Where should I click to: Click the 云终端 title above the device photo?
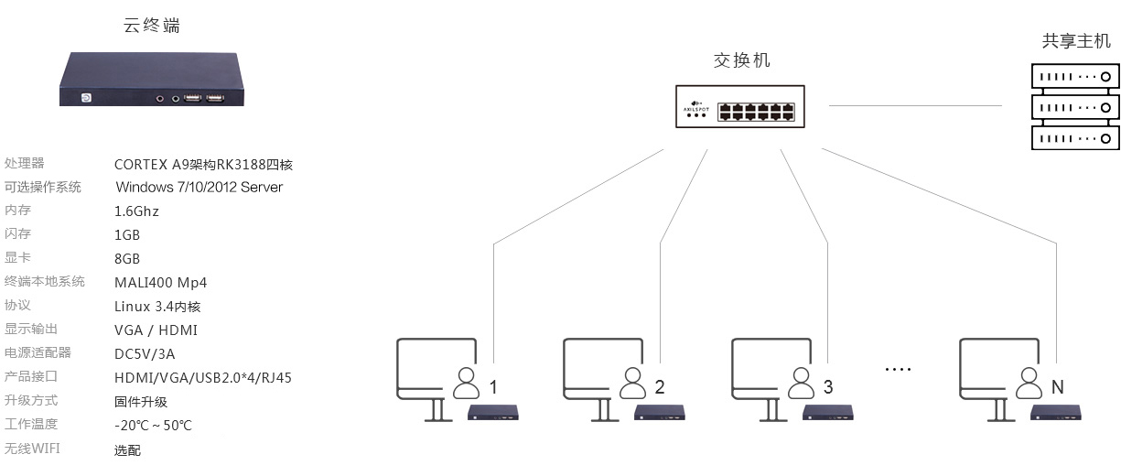click(x=152, y=26)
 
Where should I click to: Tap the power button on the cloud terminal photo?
click(x=86, y=98)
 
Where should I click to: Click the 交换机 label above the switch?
click(x=741, y=60)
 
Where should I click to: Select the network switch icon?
click(x=740, y=106)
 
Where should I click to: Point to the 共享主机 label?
click(x=1076, y=41)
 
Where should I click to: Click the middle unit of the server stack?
click(x=1075, y=107)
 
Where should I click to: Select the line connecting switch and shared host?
click(x=915, y=105)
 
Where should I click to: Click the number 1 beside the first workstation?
click(x=493, y=387)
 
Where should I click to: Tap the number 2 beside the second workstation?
click(x=660, y=387)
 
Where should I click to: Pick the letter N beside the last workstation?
click(x=1058, y=387)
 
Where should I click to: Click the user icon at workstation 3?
click(x=801, y=383)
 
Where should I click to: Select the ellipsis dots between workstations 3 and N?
click(x=898, y=370)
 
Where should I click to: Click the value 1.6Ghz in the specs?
click(x=136, y=211)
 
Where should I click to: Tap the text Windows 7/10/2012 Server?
click(x=199, y=188)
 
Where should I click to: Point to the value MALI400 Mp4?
click(x=161, y=283)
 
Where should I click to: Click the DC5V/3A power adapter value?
click(x=145, y=354)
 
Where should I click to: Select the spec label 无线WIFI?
click(x=32, y=449)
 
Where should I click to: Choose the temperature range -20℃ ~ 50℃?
click(x=153, y=426)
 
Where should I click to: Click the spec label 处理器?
click(x=24, y=163)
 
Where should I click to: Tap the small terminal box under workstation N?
click(x=1055, y=413)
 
